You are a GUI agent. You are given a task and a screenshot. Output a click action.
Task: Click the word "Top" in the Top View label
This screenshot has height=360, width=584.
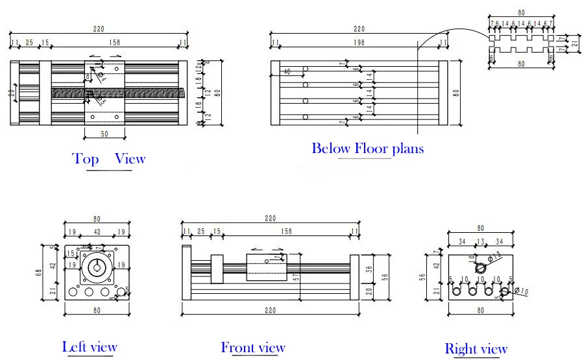86,159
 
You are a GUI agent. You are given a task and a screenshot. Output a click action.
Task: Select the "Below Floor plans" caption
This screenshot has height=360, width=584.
367,149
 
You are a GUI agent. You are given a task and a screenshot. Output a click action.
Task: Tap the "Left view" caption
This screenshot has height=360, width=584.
90,347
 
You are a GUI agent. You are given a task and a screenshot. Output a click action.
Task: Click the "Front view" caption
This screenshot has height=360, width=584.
253,348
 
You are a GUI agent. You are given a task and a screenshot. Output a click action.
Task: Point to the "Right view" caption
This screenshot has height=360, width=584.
476,350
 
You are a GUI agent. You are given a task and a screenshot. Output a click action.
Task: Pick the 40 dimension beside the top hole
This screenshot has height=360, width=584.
287,71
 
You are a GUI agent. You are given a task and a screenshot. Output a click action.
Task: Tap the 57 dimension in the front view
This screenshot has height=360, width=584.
296,277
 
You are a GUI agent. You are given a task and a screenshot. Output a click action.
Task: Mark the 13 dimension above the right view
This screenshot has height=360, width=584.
480,242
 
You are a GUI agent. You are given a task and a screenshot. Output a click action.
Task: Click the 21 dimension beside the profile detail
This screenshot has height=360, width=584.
574,45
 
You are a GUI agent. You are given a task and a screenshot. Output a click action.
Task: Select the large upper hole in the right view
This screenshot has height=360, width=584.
481,267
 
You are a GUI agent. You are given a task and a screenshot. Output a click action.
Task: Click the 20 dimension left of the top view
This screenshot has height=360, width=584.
12,92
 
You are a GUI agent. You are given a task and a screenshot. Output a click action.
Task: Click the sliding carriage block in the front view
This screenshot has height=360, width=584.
267,267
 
